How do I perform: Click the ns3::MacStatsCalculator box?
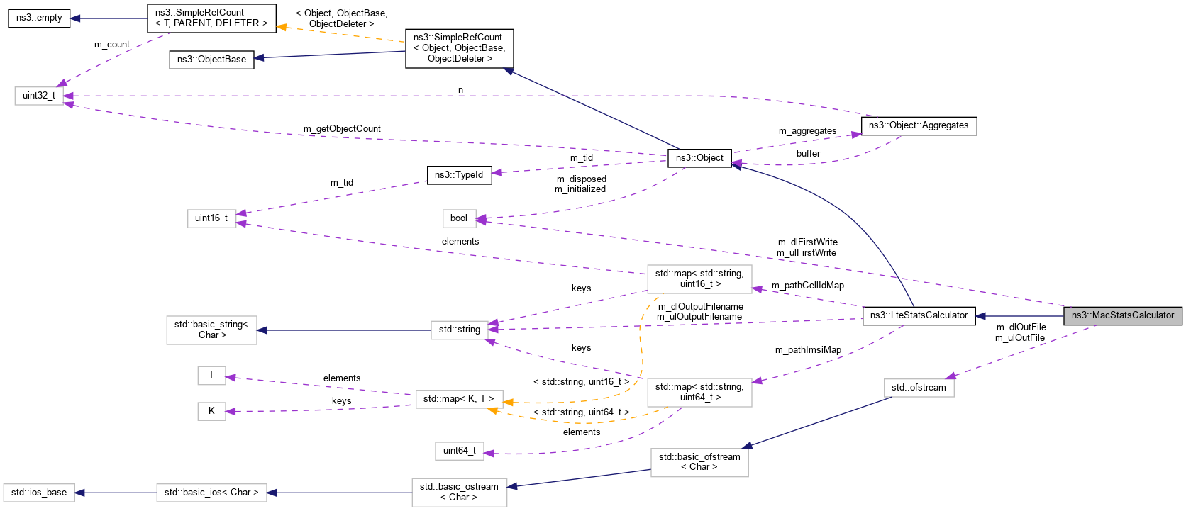(x=1122, y=315)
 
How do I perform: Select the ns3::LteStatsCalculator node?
(x=919, y=315)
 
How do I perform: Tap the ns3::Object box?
(x=699, y=158)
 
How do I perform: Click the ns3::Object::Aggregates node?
(x=919, y=125)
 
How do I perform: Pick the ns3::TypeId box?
(x=459, y=175)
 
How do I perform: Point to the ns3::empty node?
(x=39, y=18)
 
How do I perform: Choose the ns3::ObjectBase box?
(x=211, y=60)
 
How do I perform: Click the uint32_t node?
(x=39, y=96)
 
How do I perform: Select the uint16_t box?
(x=211, y=218)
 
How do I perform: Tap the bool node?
(x=459, y=218)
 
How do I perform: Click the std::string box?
(x=459, y=330)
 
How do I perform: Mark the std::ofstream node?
(x=919, y=388)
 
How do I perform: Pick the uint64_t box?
(x=459, y=451)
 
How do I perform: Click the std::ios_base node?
(x=39, y=493)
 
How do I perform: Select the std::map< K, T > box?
(x=459, y=399)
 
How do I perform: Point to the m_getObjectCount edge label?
(x=342, y=129)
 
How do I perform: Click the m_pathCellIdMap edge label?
(x=808, y=286)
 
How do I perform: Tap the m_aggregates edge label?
(x=807, y=131)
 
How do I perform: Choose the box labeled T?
(x=211, y=375)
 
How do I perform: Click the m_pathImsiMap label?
(x=808, y=350)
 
